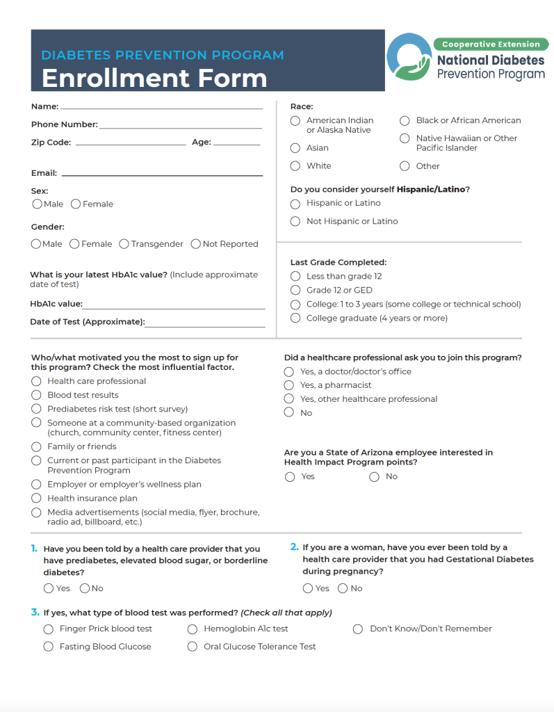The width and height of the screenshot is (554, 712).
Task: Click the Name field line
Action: coord(161,108)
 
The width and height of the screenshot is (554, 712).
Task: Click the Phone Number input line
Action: coord(180,127)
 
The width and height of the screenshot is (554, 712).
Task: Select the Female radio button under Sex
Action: coord(76,204)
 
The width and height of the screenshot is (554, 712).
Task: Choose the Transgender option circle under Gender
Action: coord(124,244)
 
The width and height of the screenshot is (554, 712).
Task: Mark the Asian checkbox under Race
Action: coord(295,148)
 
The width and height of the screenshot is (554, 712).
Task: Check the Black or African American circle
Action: coord(405,121)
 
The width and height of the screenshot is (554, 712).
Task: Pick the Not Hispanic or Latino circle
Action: coord(295,221)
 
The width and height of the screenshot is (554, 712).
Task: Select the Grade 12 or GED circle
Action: coord(295,290)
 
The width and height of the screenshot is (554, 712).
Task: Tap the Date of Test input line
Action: coord(205,325)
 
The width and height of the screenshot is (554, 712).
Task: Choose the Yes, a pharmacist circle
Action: coord(289,385)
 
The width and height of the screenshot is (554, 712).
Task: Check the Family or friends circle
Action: coord(36,446)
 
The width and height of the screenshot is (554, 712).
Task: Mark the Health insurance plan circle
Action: coord(36,498)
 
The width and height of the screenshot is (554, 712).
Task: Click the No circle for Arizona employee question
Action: coord(375,477)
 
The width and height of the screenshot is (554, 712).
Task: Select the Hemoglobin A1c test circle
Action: coord(193,629)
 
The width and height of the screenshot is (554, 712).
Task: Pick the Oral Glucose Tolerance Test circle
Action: coord(193,647)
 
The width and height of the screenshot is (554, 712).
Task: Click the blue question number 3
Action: coord(35,613)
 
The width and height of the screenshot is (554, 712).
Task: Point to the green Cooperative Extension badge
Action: coord(491,44)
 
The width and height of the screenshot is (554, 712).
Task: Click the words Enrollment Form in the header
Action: coord(154,78)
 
